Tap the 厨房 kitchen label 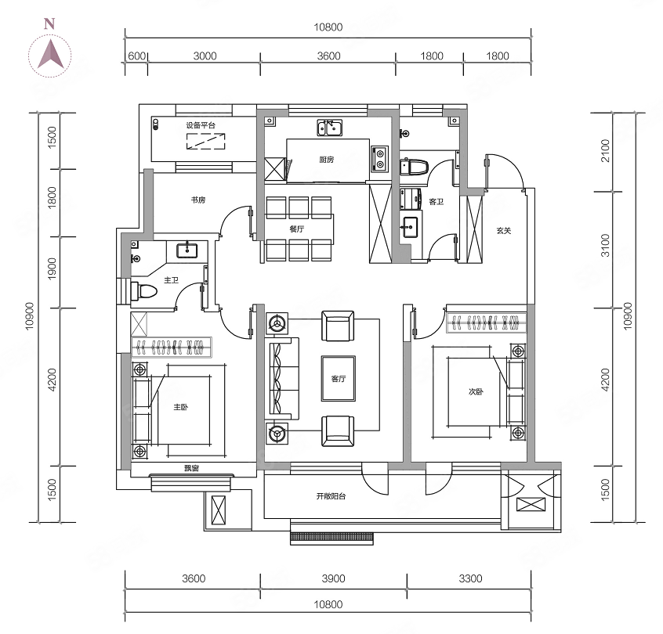click(x=327, y=160)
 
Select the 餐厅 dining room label click(x=296, y=229)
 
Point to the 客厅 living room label click(x=339, y=379)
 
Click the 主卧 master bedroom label click(x=181, y=407)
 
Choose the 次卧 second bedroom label click(x=476, y=391)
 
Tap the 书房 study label click(x=198, y=200)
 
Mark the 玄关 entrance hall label click(x=503, y=230)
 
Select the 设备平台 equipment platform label click(x=201, y=125)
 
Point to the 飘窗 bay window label click(x=191, y=468)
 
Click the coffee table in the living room click(x=339, y=379)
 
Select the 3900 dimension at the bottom click(x=333, y=579)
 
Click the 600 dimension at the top click(x=136, y=56)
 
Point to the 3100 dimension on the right click(x=605, y=250)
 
